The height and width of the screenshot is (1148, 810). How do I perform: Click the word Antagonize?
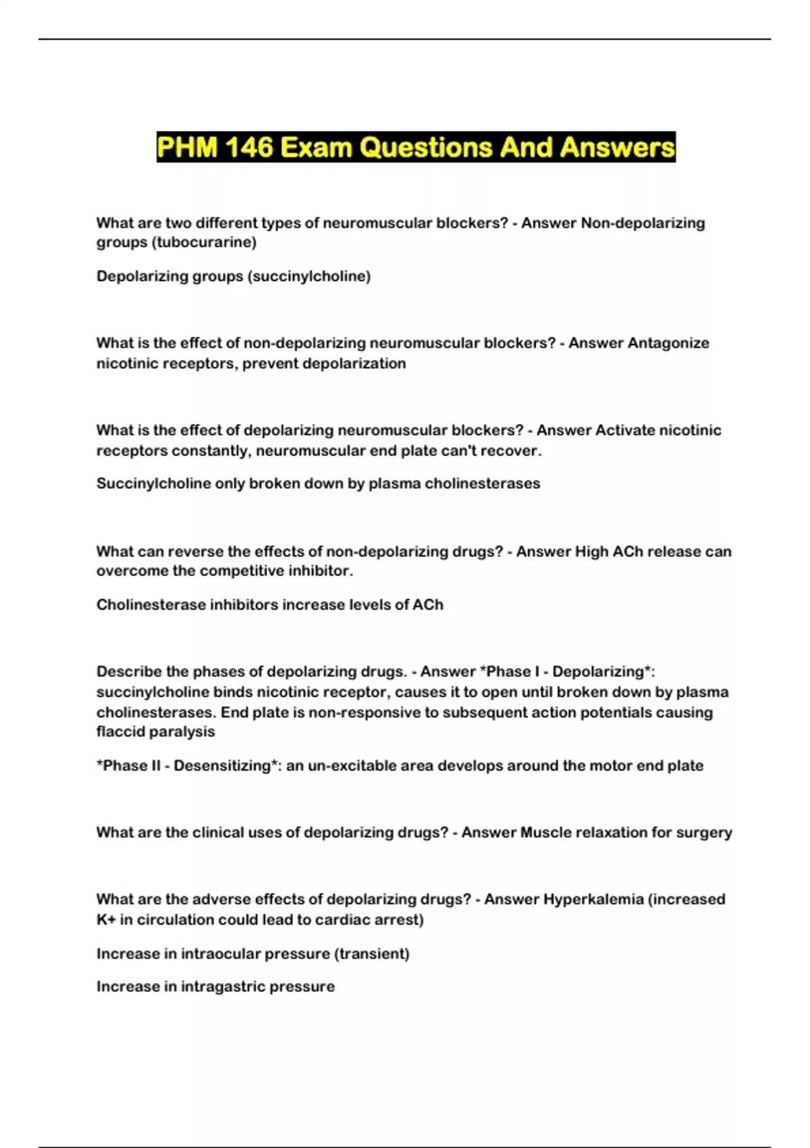(668, 343)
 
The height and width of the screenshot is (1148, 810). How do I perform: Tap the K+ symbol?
(105, 920)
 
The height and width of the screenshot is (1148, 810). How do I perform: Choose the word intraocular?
(220, 954)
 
